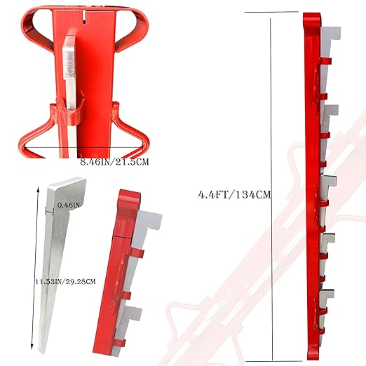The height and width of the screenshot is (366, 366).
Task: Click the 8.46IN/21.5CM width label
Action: click(114, 162)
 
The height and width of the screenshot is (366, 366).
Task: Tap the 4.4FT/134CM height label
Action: click(234, 194)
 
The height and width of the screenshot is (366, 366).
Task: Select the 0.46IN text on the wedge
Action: click(69, 205)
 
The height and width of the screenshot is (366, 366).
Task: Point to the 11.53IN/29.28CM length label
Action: click(66, 281)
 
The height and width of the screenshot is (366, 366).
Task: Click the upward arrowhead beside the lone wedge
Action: click(38, 189)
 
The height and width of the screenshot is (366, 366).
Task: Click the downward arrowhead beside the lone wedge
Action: click(32, 347)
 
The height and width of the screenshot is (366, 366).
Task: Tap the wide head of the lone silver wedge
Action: click(67, 194)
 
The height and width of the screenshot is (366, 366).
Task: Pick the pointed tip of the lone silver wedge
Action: click(42, 352)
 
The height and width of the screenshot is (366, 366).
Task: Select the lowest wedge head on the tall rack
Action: click(327, 294)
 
